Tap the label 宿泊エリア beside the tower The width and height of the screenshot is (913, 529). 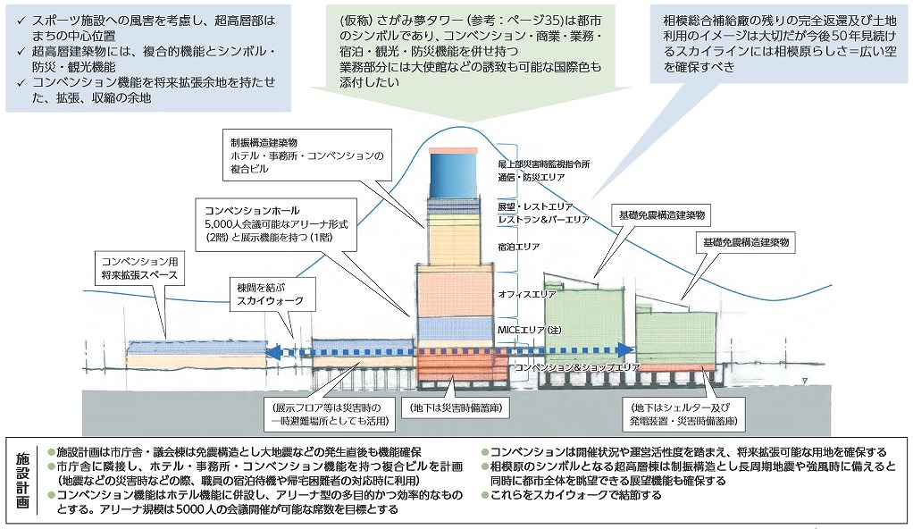pyautogui.click(x=517, y=246)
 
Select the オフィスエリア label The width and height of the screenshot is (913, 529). pyautogui.click(x=526, y=293)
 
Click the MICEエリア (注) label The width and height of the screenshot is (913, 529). pyautogui.click(x=528, y=331)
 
